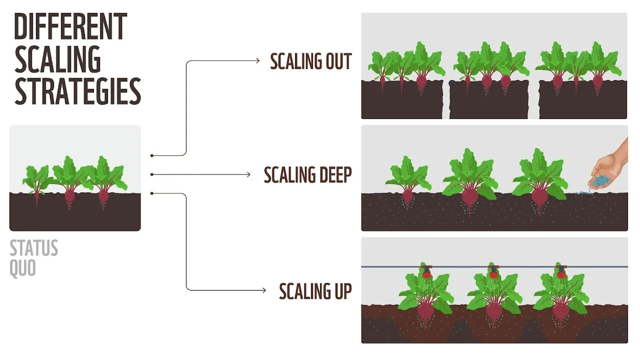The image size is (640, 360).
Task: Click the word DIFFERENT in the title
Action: (x=70, y=27)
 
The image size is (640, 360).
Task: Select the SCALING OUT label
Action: (x=310, y=61)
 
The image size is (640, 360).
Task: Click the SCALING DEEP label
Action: (x=307, y=174)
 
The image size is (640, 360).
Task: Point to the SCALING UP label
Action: (x=315, y=290)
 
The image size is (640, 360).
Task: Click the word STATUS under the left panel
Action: (x=34, y=248)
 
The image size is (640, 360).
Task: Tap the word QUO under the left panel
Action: (x=23, y=268)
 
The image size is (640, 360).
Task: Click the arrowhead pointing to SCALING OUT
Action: (x=257, y=60)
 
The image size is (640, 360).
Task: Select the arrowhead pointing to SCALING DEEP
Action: (x=248, y=174)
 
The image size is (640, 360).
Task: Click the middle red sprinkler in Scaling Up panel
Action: (x=494, y=272)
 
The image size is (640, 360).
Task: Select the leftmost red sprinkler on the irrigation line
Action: (x=426, y=272)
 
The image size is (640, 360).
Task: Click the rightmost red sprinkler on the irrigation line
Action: (x=561, y=272)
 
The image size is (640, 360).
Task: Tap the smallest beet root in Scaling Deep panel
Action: (x=408, y=195)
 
